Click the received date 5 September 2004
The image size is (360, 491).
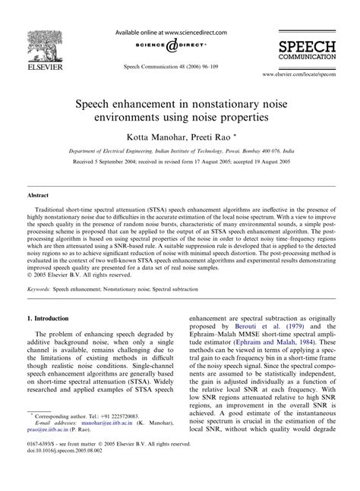[x=100, y=162]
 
